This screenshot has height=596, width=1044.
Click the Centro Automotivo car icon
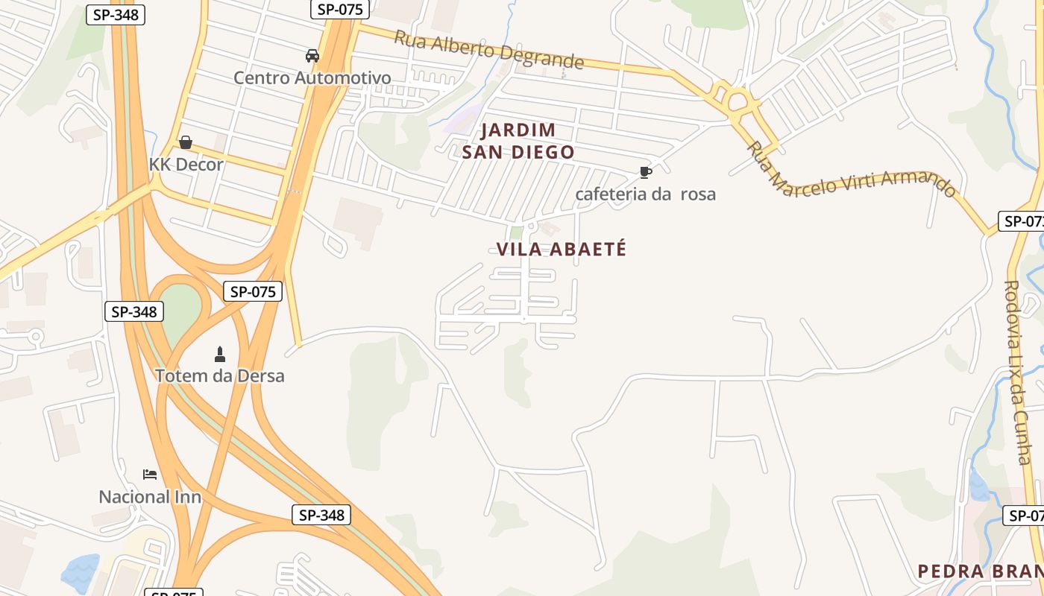coord(312,55)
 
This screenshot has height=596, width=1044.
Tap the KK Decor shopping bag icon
coord(185,142)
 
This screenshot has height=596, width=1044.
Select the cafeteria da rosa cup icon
coord(646,173)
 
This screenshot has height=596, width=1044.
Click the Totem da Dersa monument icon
coord(219,354)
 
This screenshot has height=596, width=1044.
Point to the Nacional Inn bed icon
coord(150,475)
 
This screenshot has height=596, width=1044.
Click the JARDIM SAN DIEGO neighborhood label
coord(518,141)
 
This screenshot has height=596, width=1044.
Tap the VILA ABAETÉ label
coord(562,250)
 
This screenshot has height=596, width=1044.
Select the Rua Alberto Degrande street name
coord(488,49)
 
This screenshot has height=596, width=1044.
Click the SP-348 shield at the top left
coord(116,14)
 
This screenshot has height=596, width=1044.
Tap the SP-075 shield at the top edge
coord(340,9)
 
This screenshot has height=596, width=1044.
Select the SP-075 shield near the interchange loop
coord(253,291)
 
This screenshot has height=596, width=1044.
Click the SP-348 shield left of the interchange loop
coord(133,311)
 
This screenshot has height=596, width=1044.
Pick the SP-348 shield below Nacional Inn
coord(321,514)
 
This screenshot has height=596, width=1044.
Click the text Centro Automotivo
coord(312,77)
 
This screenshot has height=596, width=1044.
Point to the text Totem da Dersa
coord(219,375)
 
